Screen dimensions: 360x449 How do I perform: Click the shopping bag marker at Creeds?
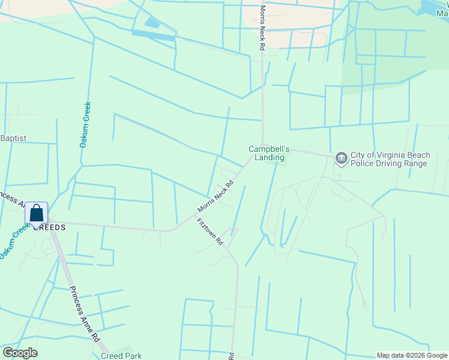point(36,214)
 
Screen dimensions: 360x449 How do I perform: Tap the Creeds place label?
point(49,227)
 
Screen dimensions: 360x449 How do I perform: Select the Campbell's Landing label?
point(270,153)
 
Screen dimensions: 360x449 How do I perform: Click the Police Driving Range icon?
point(342,158)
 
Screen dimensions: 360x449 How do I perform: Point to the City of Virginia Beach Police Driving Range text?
point(390,159)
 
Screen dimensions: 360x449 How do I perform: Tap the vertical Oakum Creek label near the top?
point(85,124)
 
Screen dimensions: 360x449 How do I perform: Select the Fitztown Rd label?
point(210,232)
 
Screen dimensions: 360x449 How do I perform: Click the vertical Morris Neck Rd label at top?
point(262,29)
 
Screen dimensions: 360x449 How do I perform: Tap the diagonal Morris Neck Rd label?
point(215,197)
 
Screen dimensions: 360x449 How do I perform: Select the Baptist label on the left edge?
point(13,138)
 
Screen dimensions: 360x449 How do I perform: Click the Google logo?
point(20,353)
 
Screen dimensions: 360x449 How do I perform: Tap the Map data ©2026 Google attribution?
point(411,355)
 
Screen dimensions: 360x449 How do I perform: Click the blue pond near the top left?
point(152,23)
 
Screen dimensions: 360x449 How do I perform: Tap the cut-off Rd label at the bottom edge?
point(231,356)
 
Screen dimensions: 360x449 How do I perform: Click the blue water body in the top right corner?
point(435,7)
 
